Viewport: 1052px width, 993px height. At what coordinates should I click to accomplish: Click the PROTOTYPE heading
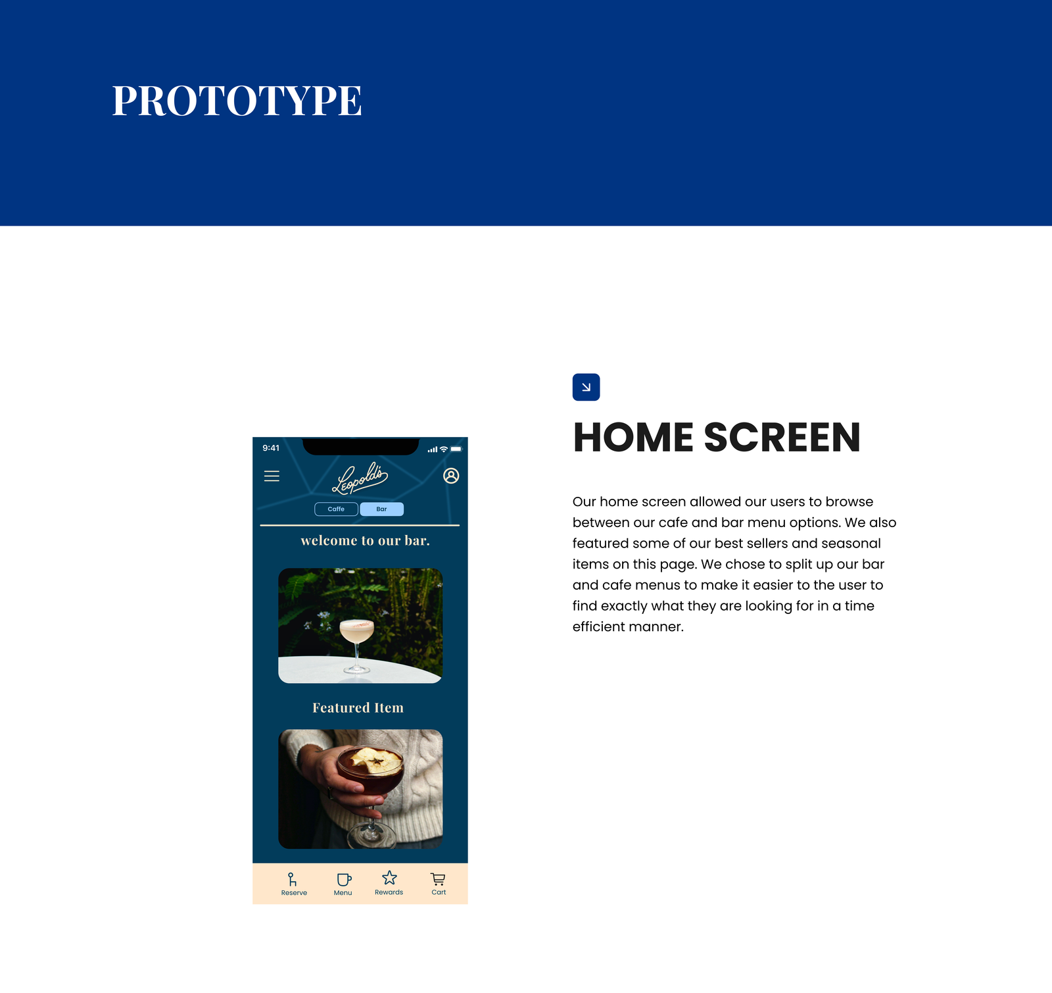(237, 101)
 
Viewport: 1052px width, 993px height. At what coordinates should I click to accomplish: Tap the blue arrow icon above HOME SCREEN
(586, 387)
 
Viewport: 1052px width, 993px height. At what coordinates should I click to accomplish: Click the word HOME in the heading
(633, 438)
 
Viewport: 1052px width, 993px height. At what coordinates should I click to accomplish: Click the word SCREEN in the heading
(782, 438)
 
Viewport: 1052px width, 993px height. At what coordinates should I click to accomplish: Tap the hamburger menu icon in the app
(272, 476)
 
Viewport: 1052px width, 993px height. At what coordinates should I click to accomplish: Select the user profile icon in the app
(451, 476)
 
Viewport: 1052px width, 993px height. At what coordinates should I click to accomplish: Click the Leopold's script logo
(360, 478)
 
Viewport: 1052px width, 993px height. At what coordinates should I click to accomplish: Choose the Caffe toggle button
(336, 509)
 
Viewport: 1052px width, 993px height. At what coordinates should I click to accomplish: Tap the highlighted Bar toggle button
(382, 509)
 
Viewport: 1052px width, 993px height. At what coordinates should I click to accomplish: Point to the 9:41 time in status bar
(271, 448)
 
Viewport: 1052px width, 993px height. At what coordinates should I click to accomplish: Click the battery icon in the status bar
(456, 449)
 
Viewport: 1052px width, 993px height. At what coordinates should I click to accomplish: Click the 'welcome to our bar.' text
(365, 541)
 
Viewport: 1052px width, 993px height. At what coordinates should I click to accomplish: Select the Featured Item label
(358, 708)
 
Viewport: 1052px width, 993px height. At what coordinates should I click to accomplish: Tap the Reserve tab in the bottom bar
(294, 884)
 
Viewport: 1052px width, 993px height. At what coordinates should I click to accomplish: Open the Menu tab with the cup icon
(343, 884)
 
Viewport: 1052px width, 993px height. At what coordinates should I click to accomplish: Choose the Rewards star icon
(389, 878)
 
